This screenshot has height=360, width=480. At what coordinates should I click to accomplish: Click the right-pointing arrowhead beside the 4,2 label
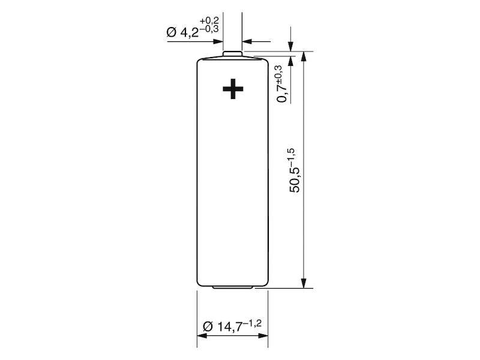[x=219, y=42]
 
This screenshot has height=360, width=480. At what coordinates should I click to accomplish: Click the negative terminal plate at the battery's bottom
[x=233, y=289]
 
